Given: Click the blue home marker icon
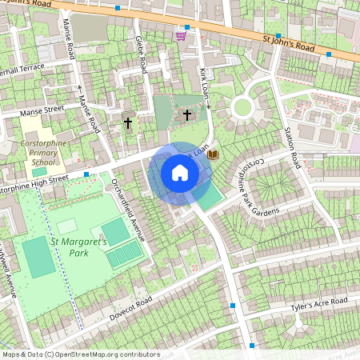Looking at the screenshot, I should (180, 173).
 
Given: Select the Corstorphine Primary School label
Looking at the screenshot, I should (39, 150).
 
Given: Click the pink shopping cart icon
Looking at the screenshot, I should (181, 35).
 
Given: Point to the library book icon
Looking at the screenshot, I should (212, 154).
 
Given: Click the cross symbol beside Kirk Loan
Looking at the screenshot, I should (187, 114).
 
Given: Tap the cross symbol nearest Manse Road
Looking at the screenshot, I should (127, 123).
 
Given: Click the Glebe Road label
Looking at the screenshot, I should (140, 54).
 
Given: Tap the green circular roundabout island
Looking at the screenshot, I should (242, 106).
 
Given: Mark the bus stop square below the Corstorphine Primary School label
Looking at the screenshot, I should (86, 174).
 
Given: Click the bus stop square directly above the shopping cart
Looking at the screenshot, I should (187, 26).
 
